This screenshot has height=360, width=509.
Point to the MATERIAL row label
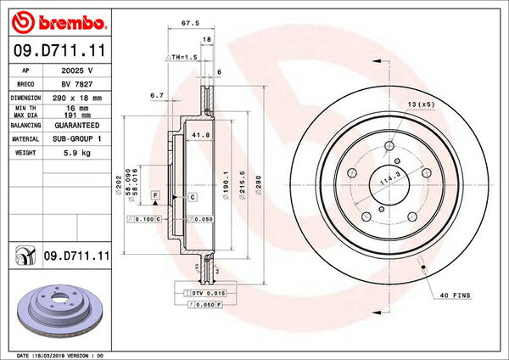click(x=25, y=138)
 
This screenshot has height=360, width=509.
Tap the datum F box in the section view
click(x=156, y=196)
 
